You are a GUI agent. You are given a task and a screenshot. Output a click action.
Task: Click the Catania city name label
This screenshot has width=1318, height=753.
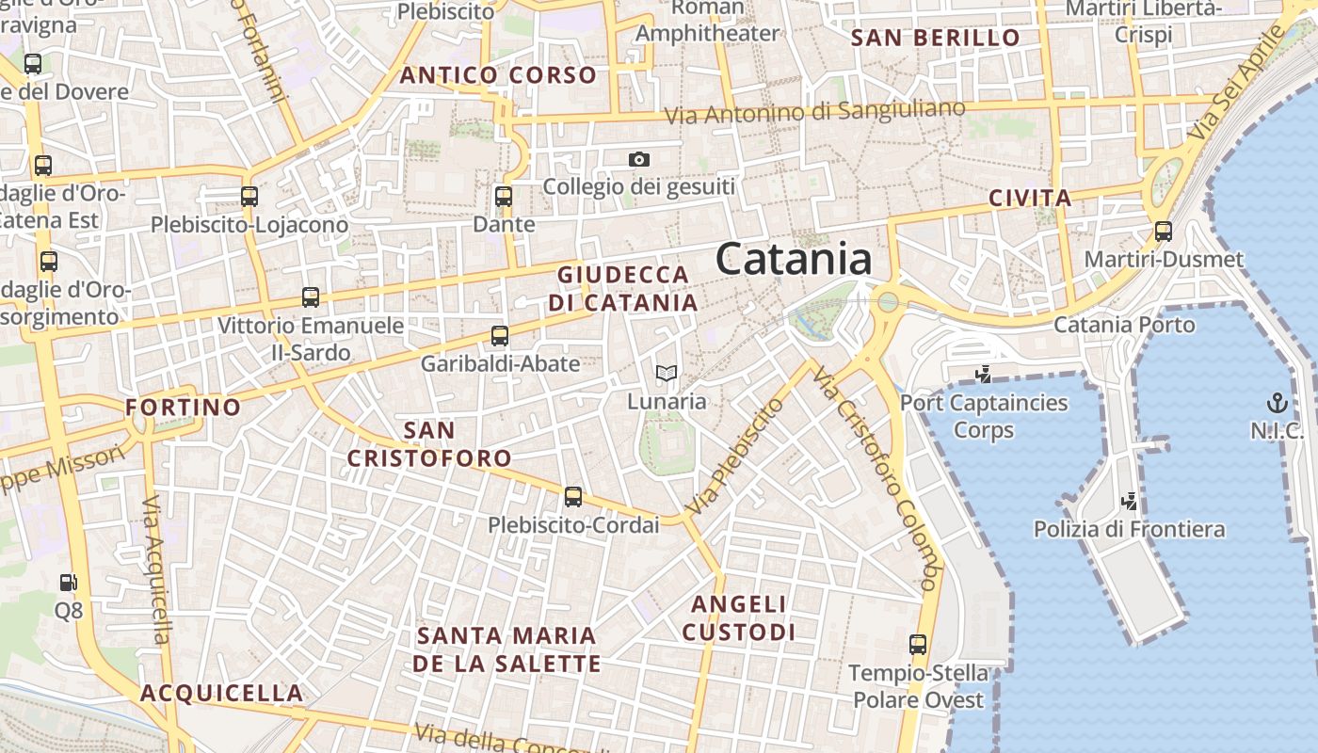pyautogui.click(x=794, y=259)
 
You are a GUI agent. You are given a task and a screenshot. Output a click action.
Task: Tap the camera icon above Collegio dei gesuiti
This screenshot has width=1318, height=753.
pyautogui.click(x=639, y=160)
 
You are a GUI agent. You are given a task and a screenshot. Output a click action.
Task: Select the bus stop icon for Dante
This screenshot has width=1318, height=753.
pyautogui.click(x=504, y=197)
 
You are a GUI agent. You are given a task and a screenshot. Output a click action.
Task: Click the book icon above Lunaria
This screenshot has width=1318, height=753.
pyautogui.click(x=667, y=374)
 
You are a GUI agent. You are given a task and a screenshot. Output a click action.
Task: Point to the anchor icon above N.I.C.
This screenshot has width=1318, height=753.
pyautogui.click(x=1277, y=404)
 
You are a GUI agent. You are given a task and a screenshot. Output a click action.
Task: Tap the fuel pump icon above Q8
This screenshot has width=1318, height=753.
pyautogui.click(x=68, y=584)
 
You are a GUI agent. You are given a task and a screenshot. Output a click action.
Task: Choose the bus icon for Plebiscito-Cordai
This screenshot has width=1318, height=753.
pyautogui.click(x=573, y=497)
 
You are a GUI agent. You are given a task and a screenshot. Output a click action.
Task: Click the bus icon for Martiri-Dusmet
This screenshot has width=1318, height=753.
pyautogui.click(x=1164, y=231)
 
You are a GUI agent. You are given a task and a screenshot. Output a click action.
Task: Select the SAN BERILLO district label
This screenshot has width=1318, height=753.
pyautogui.click(x=935, y=39)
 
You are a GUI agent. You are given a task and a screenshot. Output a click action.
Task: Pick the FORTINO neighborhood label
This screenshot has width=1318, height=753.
pyautogui.click(x=184, y=408)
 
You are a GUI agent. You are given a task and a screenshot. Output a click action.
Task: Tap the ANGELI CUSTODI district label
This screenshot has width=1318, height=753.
pyautogui.click(x=739, y=617)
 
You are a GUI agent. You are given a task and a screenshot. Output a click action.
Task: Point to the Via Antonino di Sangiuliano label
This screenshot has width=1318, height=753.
pyautogui.click(x=815, y=112)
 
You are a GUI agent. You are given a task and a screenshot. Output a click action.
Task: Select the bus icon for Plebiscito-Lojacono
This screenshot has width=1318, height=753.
pyautogui.click(x=249, y=197)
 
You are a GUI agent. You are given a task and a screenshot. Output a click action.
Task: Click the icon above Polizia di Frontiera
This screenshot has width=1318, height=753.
pyautogui.click(x=1130, y=501)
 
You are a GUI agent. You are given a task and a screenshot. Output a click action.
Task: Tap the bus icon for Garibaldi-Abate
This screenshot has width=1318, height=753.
pyautogui.click(x=500, y=335)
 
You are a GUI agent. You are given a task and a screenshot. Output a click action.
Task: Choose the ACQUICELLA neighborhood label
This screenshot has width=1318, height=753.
pyautogui.click(x=222, y=694)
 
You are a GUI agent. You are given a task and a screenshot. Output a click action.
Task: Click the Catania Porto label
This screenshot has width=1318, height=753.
pyautogui.click(x=1124, y=325)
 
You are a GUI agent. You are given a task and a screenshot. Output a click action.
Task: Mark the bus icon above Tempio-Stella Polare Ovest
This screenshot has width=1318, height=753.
pyautogui.click(x=918, y=645)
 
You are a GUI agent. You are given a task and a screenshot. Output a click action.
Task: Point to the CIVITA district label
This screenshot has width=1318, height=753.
pyautogui.click(x=1030, y=199)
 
